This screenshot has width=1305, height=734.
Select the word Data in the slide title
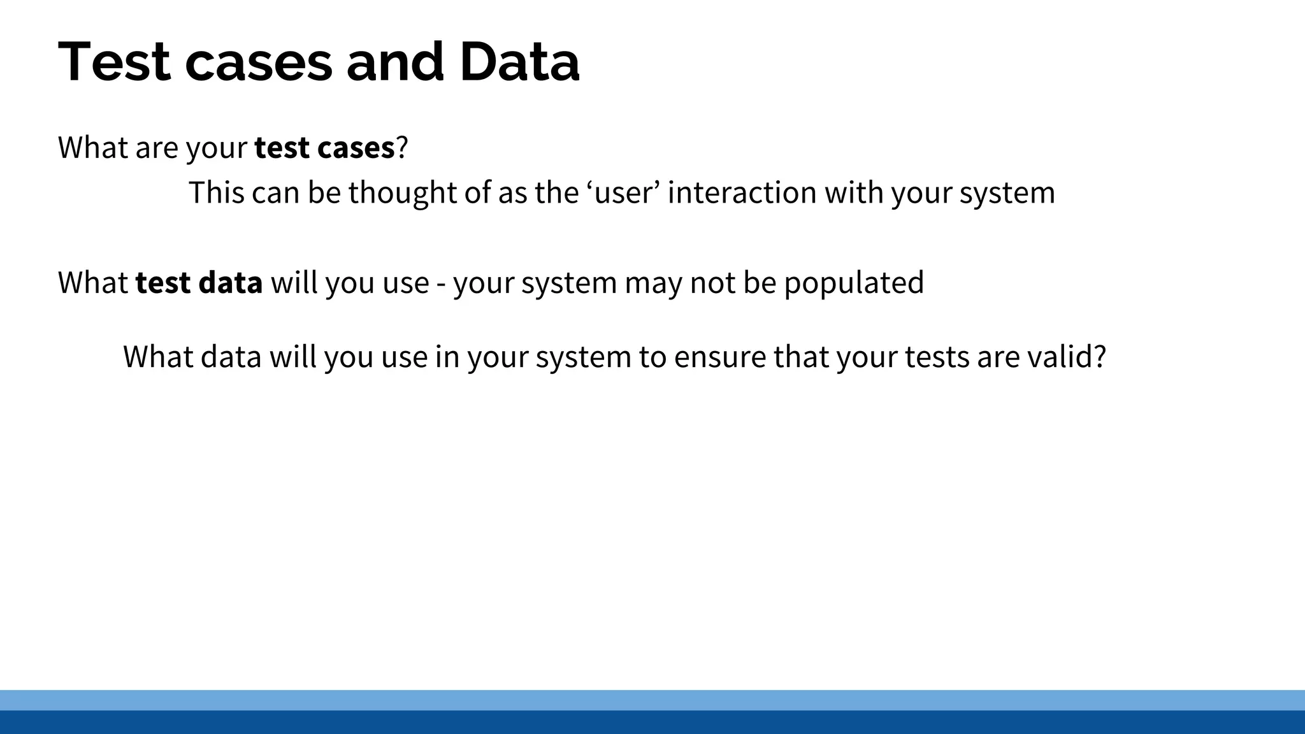[519, 62]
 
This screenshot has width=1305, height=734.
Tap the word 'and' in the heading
[395, 62]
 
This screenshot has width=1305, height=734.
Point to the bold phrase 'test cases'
[324, 148]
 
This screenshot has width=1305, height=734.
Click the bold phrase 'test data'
[199, 283]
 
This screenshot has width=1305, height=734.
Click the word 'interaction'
[742, 192]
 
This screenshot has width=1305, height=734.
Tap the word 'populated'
[853, 283]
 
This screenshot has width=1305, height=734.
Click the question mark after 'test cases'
[401, 148]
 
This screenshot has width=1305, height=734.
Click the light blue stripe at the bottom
[652, 700]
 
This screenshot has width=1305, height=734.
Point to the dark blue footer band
[652, 723]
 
